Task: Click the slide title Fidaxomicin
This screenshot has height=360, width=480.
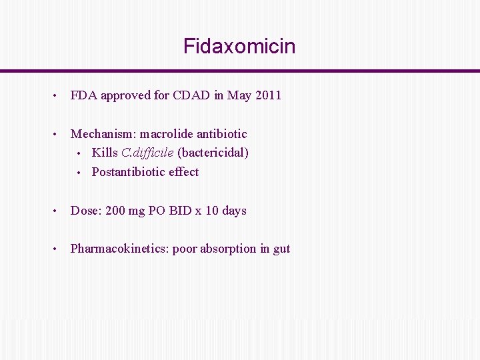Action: tap(239, 47)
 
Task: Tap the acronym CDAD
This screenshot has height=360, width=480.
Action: tap(193, 95)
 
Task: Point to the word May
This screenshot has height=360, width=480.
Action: tap(239, 95)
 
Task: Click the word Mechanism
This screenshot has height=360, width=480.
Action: tap(102, 134)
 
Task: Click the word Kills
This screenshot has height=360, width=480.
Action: tap(105, 153)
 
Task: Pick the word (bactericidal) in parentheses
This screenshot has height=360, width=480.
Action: tap(213, 153)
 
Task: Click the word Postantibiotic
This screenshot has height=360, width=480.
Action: tap(128, 172)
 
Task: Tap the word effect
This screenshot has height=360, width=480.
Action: tap(183, 172)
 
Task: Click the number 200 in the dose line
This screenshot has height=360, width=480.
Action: tap(115, 211)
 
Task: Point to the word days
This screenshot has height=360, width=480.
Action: tap(234, 211)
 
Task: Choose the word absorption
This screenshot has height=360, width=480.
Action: tap(229, 249)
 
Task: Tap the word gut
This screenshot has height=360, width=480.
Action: tap(281, 249)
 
